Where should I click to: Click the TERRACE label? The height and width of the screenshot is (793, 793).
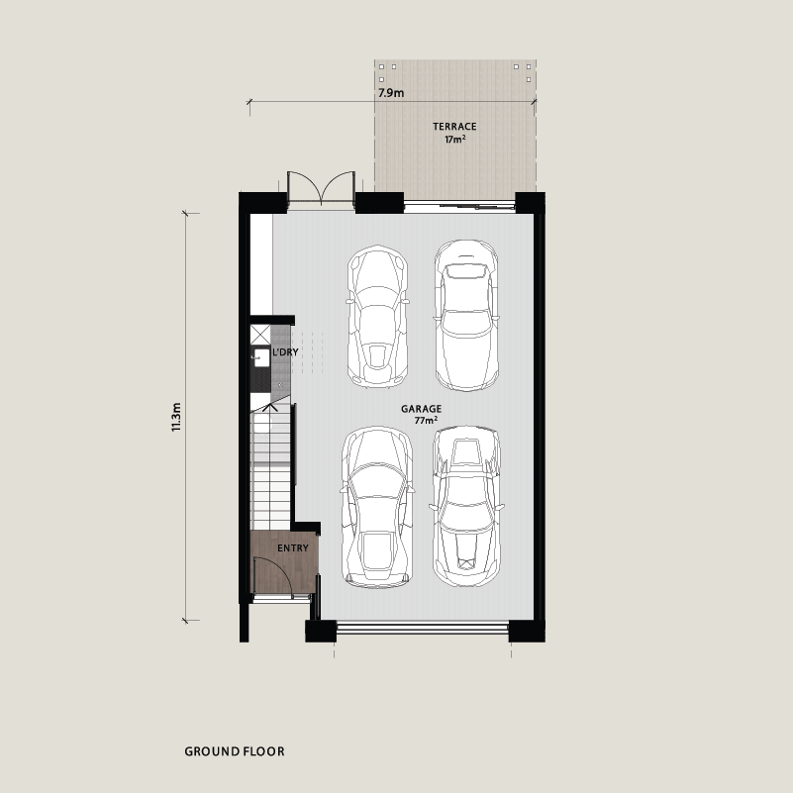[454, 127]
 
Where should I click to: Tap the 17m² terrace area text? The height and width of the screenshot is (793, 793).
[455, 139]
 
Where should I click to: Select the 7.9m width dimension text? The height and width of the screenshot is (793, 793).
[391, 93]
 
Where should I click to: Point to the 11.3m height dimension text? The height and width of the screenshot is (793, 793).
[176, 417]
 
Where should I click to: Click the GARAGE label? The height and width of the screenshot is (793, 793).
[422, 409]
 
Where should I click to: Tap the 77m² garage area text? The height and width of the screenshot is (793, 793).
[426, 420]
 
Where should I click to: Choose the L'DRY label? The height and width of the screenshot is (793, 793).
[285, 352]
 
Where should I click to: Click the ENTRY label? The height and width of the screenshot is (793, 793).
[293, 548]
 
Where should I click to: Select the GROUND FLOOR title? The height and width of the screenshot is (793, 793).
[235, 751]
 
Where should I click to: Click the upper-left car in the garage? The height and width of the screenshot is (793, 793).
[378, 317]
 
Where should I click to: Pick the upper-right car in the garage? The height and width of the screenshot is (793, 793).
[466, 315]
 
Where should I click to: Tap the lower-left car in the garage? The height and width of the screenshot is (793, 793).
[377, 507]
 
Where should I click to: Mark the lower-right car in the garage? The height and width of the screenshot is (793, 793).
[466, 506]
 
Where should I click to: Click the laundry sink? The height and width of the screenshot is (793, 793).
[261, 357]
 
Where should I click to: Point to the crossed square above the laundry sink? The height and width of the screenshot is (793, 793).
[260, 335]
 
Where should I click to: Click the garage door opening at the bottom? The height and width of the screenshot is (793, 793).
[422, 629]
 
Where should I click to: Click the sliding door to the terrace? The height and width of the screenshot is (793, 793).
[459, 206]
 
